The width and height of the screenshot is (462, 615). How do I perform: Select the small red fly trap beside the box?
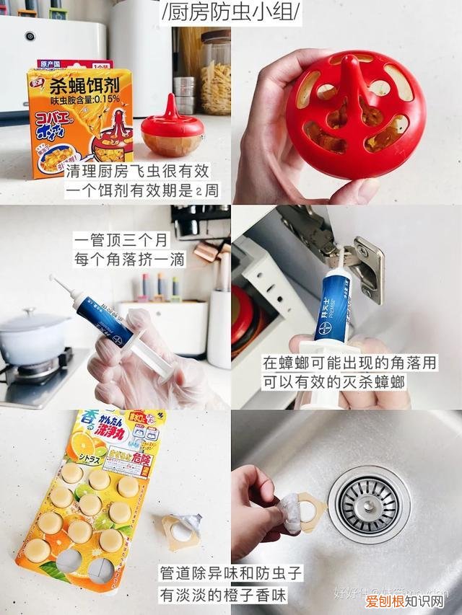[172, 130]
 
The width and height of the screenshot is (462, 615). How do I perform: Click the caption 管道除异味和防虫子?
[231, 575]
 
